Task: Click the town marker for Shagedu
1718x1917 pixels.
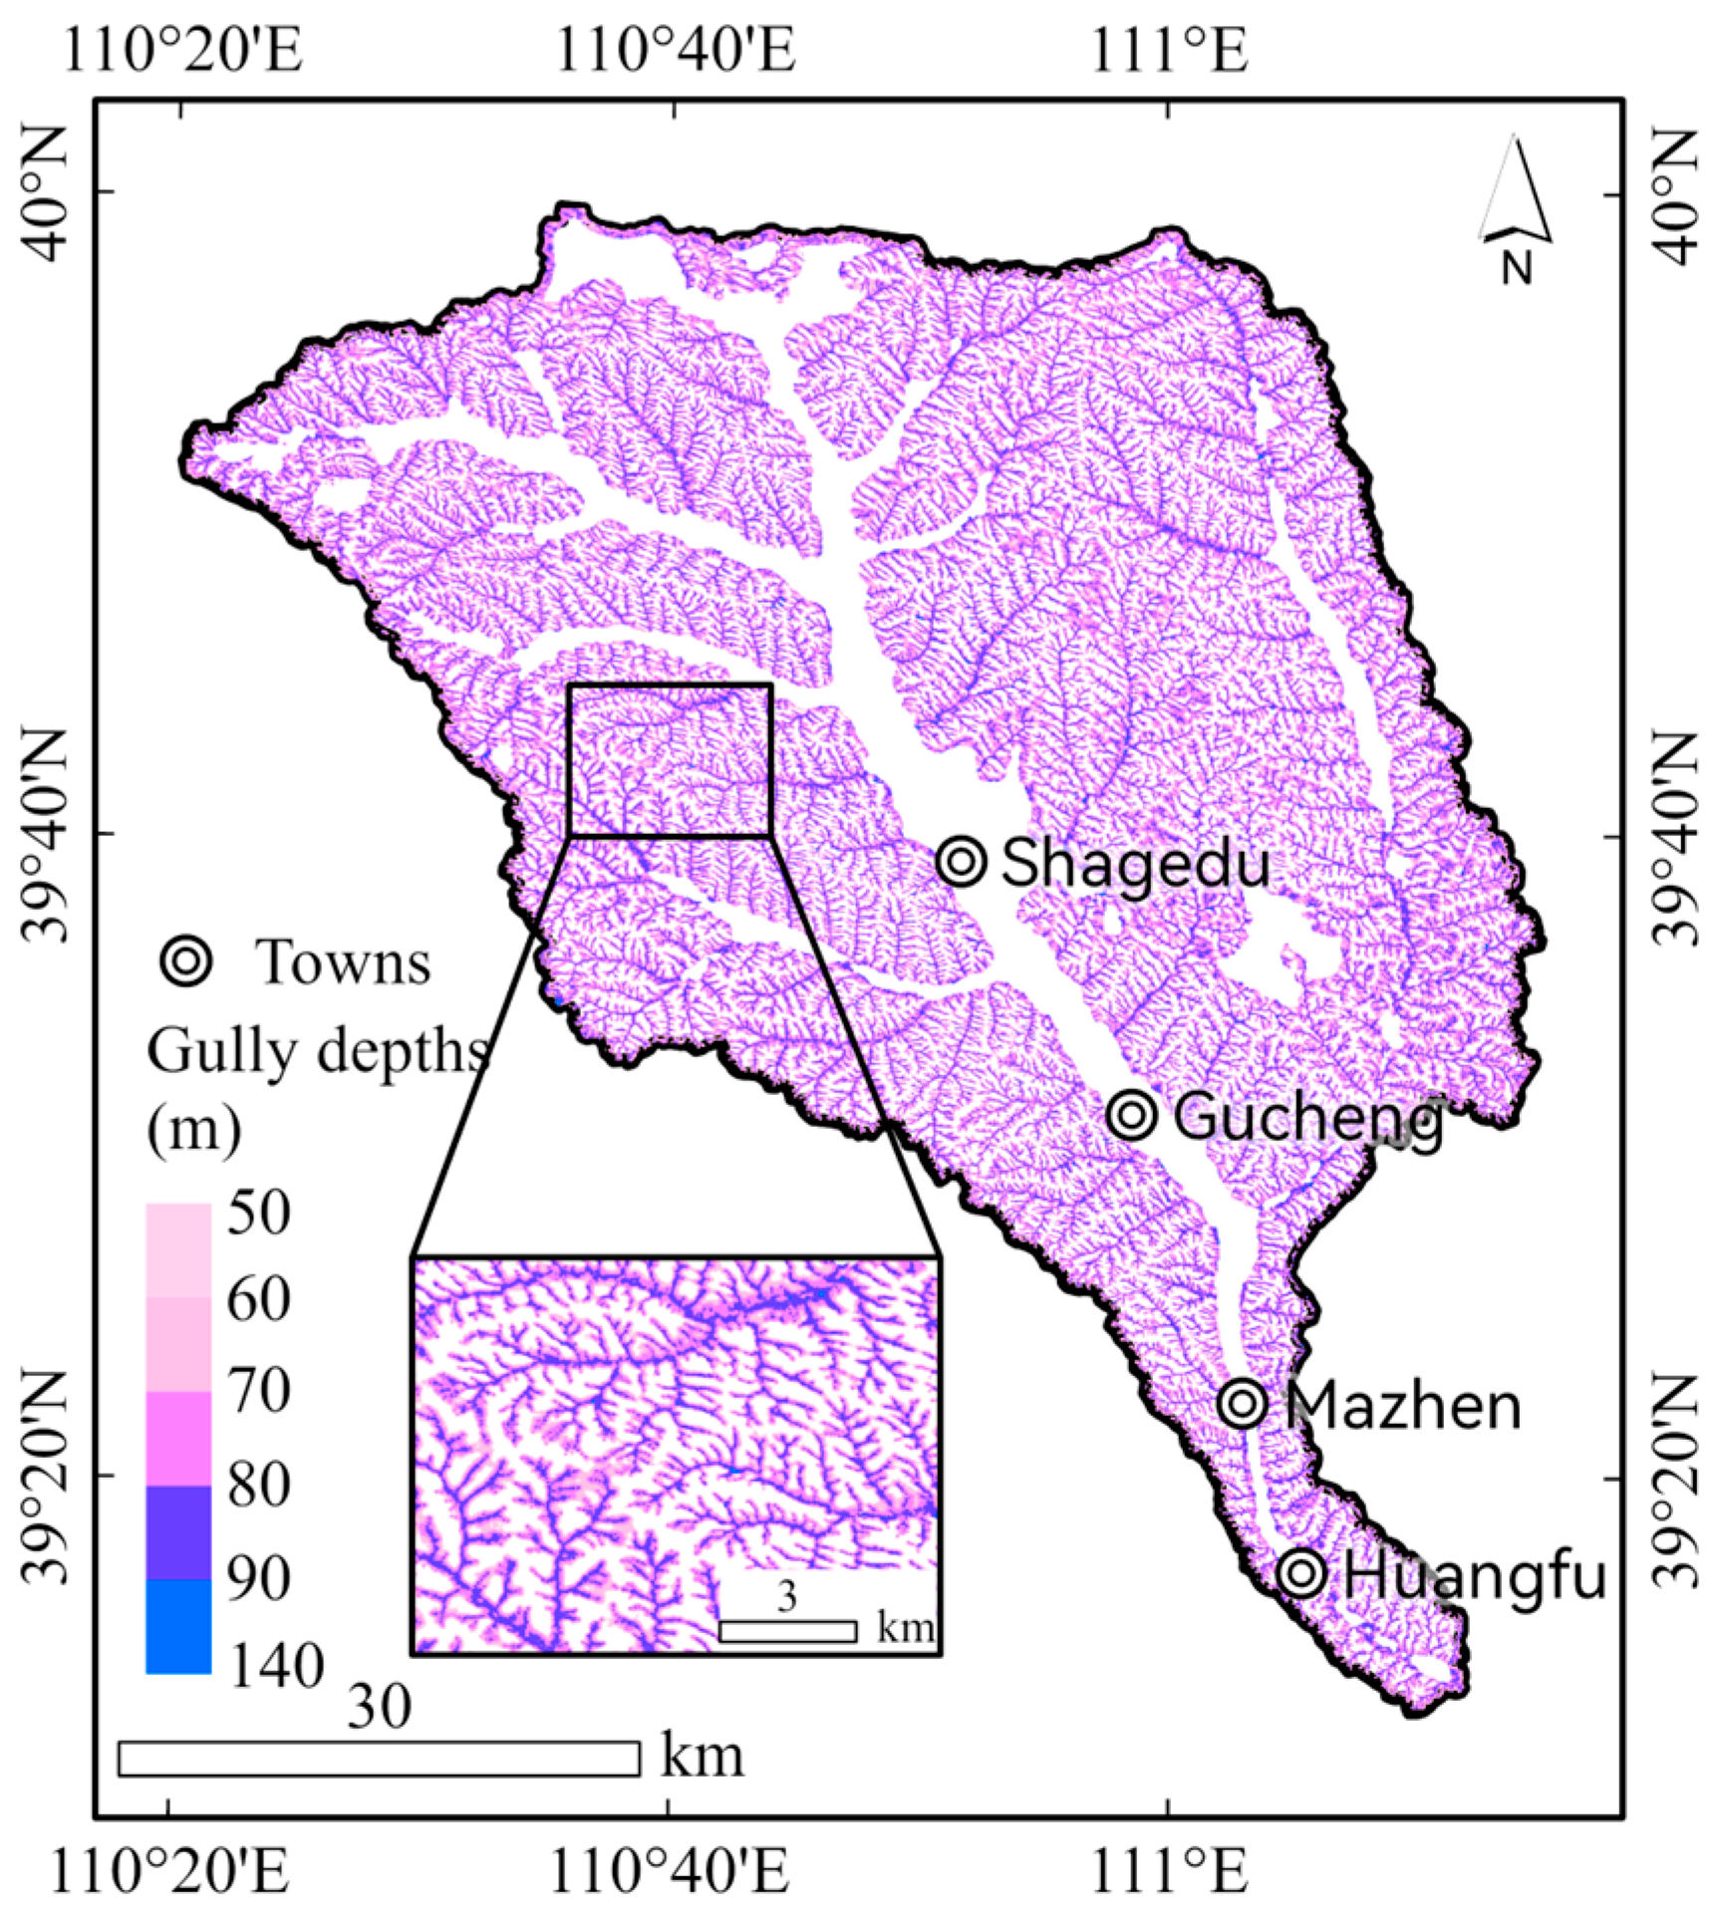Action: [x=962, y=861]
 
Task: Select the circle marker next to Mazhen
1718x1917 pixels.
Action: [x=1243, y=1404]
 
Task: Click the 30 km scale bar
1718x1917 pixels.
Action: [x=379, y=1759]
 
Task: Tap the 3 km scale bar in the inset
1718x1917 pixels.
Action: [x=787, y=1631]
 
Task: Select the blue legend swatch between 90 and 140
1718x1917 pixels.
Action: [x=178, y=1626]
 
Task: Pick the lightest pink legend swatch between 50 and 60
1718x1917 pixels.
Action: [x=178, y=1249]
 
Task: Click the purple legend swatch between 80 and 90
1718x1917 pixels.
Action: [x=178, y=1532]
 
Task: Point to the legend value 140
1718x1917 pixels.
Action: [x=277, y=1664]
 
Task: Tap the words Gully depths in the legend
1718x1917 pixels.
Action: [x=317, y=1051]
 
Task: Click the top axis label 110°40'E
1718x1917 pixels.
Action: [x=675, y=50]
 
